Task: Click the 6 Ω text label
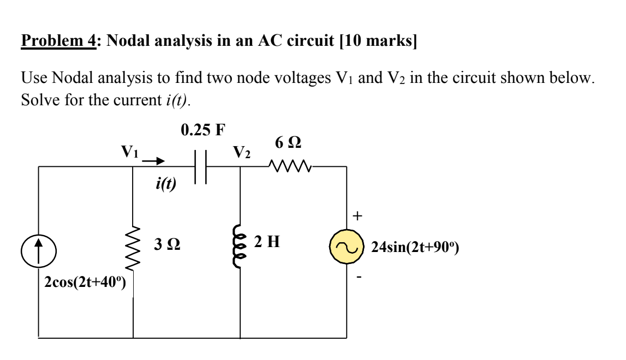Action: tap(289, 143)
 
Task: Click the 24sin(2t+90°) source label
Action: tap(415, 248)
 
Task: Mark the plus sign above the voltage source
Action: tap(357, 217)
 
